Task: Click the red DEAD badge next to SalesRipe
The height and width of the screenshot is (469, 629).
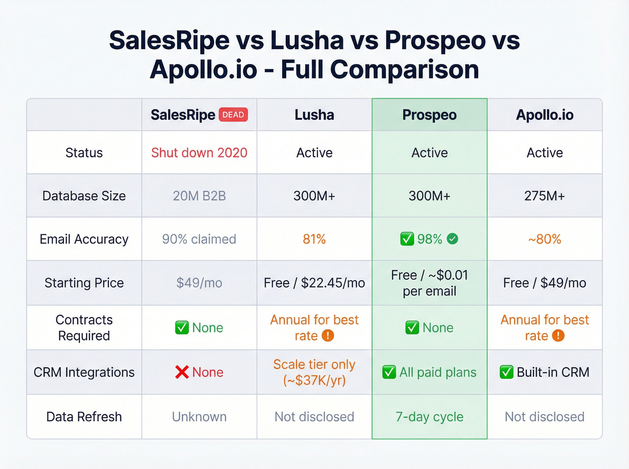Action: (x=233, y=115)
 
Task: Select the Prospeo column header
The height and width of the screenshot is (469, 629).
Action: (x=429, y=115)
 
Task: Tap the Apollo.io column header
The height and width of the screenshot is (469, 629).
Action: (x=545, y=115)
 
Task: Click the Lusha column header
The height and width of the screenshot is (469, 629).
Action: (x=314, y=115)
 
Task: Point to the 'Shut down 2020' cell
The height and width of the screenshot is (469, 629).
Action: (x=199, y=153)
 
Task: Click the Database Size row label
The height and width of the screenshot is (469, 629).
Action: (x=84, y=196)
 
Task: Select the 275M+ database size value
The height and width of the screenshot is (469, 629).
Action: (x=545, y=196)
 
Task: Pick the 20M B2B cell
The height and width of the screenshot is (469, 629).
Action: (x=199, y=196)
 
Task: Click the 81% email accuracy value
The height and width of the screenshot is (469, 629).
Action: (x=314, y=239)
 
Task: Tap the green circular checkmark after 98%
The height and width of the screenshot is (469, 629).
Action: (x=452, y=239)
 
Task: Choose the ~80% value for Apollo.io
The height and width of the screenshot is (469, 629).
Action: (x=545, y=239)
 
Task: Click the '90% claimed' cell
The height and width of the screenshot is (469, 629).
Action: (x=199, y=239)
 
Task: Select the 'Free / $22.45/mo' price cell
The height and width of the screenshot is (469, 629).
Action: (x=314, y=283)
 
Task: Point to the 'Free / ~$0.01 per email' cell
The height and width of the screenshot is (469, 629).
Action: (x=429, y=283)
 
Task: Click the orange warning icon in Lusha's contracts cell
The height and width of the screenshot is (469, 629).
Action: (x=328, y=336)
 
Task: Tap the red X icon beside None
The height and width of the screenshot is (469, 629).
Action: (x=182, y=372)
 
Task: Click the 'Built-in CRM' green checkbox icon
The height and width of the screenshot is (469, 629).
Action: (x=506, y=372)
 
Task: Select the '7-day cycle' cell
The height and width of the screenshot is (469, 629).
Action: (x=429, y=416)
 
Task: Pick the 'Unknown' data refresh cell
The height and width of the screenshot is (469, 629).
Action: (x=199, y=416)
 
